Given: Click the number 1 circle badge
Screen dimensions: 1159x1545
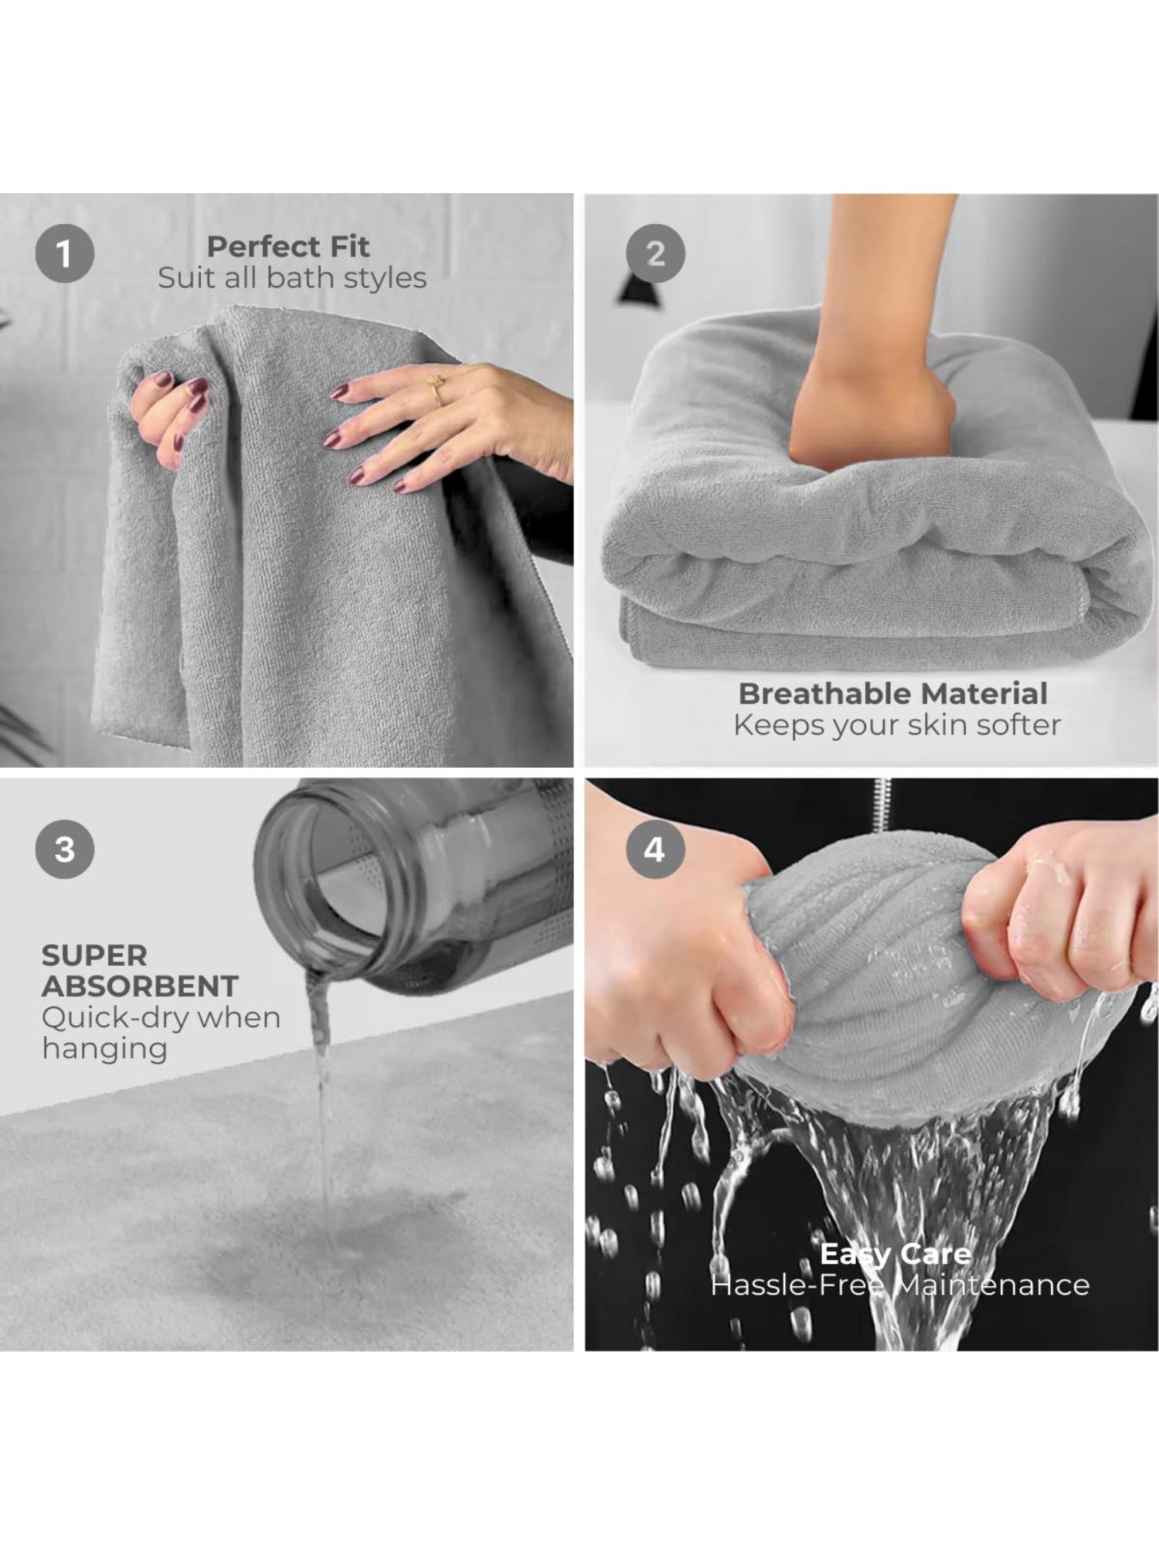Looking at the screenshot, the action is pyautogui.click(x=65, y=253).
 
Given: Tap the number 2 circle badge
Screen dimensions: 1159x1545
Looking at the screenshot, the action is pyautogui.click(x=655, y=253).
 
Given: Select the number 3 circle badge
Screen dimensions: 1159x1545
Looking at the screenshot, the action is pyautogui.click(x=65, y=849).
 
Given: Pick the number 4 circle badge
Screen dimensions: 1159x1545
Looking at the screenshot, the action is pyautogui.click(x=655, y=849).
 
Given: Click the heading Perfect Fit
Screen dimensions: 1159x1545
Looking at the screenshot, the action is pyautogui.click(x=288, y=246).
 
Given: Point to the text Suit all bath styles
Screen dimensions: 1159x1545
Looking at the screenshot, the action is pyautogui.click(x=292, y=278).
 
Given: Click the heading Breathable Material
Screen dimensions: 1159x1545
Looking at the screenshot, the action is pyautogui.click(x=893, y=693).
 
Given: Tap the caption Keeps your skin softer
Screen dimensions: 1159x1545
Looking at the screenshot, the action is pyautogui.click(x=897, y=725).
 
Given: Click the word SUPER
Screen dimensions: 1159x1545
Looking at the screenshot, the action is pyautogui.click(x=94, y=956).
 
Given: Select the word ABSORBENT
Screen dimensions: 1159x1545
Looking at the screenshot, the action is pyautogui.click(x=140, y=986).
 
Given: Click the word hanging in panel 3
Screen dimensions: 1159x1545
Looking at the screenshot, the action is pyautogui.click(x=105, y=1049).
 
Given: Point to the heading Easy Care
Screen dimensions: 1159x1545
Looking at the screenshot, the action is pyautogui.click(x=896, y=1254).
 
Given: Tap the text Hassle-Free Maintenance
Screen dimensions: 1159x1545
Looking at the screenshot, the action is pyautogui.click(x=900, y=1285).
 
